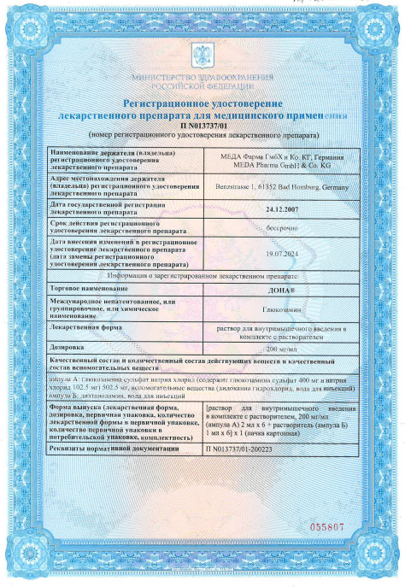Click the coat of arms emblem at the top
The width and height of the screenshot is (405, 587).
[202, 56]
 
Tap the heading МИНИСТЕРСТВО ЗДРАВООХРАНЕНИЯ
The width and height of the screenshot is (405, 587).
[202, 79]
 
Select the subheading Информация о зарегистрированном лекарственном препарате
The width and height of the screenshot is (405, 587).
[202, 276]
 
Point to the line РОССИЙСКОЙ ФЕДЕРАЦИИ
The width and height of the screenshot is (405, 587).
[202, 87]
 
